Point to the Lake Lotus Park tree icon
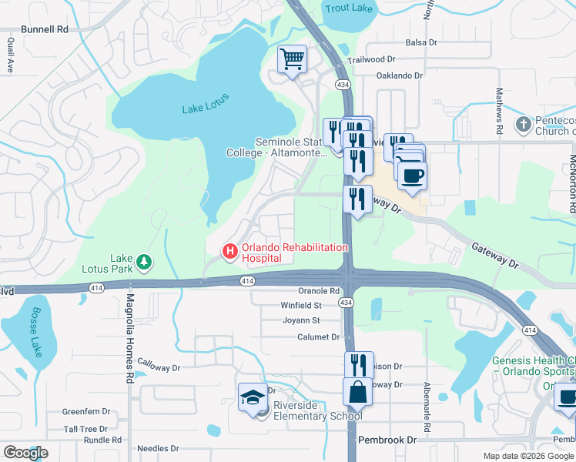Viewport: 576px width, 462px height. click(144, 263)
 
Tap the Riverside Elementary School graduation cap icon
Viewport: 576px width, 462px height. click(253, 397)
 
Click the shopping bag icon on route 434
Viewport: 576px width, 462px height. click(358, 391)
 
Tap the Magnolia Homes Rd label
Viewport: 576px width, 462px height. click(129, 328)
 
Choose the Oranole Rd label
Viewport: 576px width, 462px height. click(319, 291)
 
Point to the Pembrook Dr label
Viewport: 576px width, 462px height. click(387, 440)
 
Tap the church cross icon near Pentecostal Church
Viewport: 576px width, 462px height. click(524, 124)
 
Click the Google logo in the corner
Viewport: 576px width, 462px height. click(25, 453)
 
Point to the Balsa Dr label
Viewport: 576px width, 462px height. click(410, 43)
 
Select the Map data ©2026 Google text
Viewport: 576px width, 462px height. click(527, 456)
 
